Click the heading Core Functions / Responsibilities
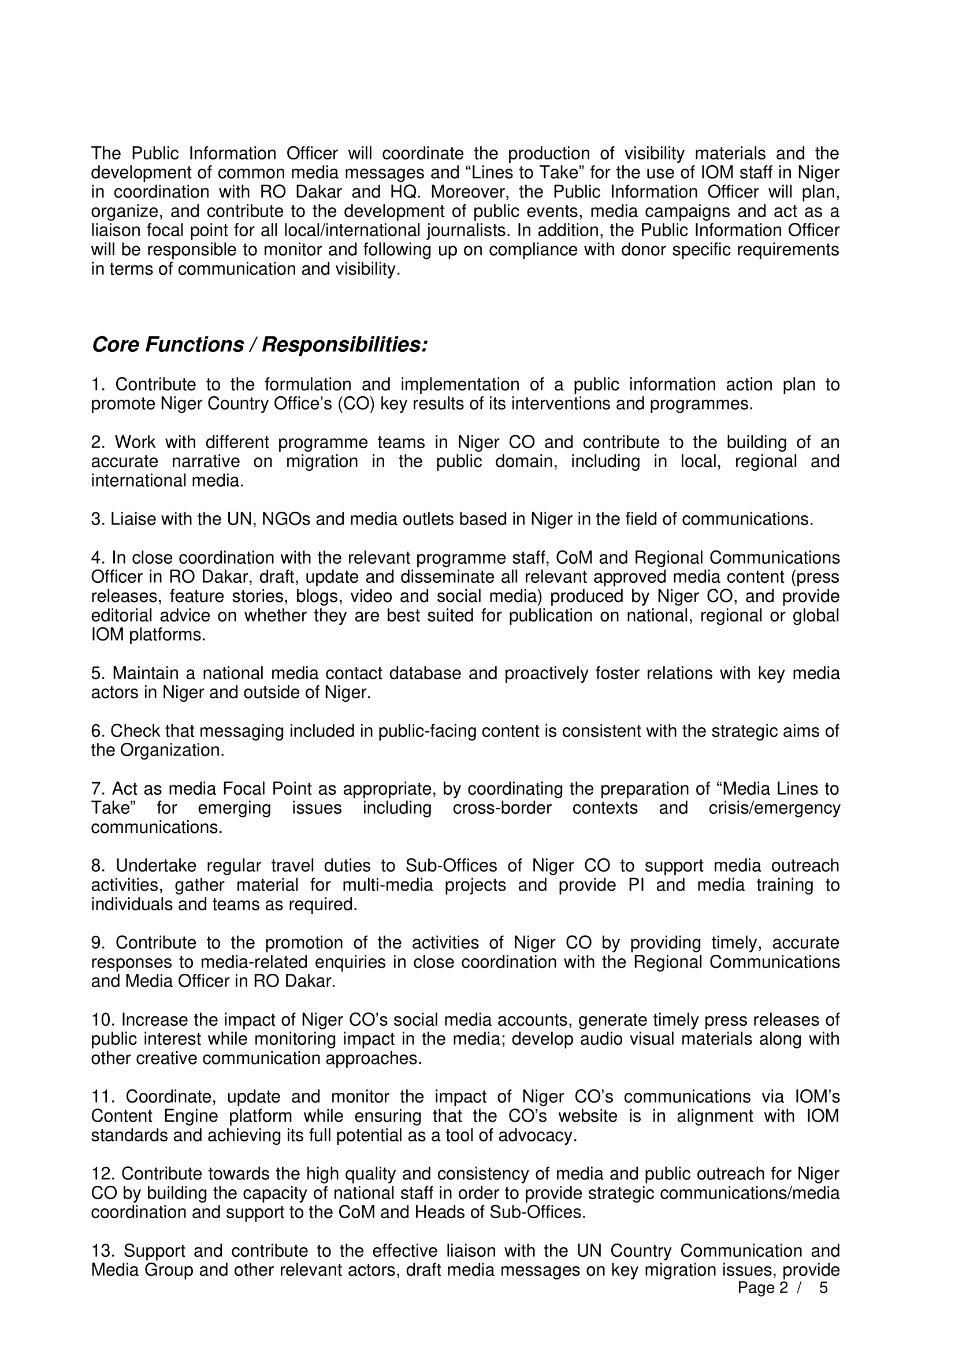point(259,345)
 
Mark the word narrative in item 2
point(206,462)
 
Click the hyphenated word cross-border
point(502,809)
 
